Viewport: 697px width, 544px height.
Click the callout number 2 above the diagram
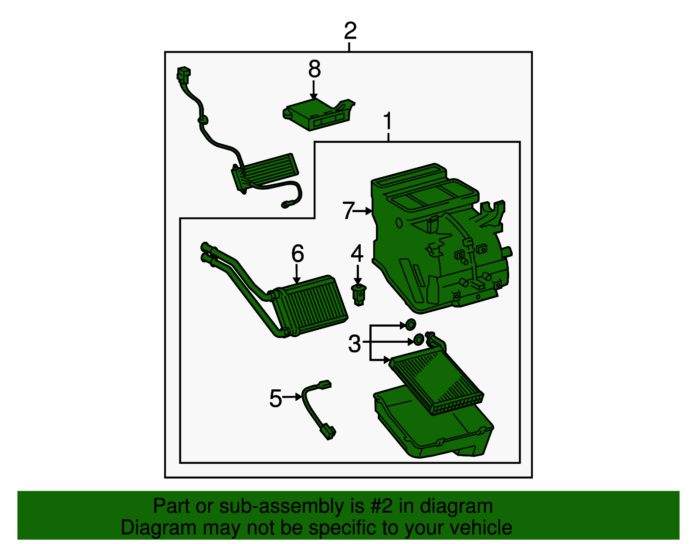pyautogui.click(x=350, y=30)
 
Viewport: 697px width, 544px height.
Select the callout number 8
pyautogui.click(x=315, y=69)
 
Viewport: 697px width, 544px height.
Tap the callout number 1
pyautogui.click(x=388, y=121)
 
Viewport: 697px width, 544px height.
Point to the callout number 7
pyautogui.click(x=348, y=210)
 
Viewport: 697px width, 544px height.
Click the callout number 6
pyautogui.click(x=298, y=253)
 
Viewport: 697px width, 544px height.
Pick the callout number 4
pyautogui.click(x=357, y=253)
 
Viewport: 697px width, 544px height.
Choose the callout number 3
pyautogui.click(x=355, y=344)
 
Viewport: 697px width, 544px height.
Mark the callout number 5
pyautogui.click(x=275, y=399)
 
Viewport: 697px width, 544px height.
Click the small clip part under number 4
pyautogui.click(x=359, y=294)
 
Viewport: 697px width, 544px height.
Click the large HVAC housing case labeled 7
pyautogui.click(x=440, y=239)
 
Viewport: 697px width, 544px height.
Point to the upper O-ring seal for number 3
pyautogui.click(x=410, y=324)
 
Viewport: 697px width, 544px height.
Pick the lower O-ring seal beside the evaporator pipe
pyautogui.click(x=419, y=339)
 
